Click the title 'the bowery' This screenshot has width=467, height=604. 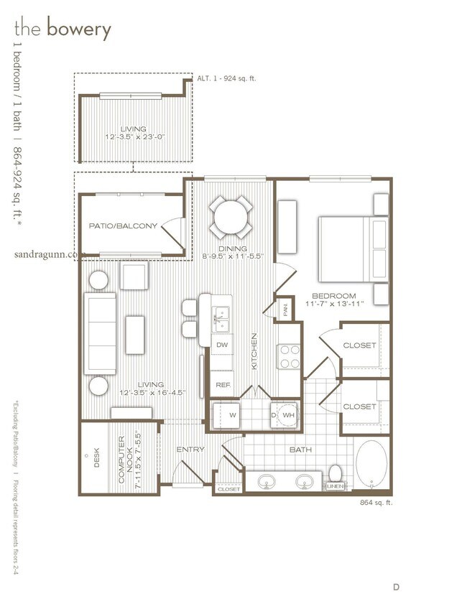pos(63,29)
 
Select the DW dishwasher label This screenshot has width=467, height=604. pos(222,345)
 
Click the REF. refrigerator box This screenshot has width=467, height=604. pos(222,385)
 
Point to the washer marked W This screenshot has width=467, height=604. pos(232,414)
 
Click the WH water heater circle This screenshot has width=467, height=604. pos(289,414)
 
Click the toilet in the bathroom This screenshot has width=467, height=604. pos(335,474)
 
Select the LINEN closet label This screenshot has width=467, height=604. pos(336,487)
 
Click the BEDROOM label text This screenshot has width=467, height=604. pos(335,296)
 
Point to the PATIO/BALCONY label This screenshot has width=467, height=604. pos(123,226)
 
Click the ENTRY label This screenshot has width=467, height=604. pos(190,450)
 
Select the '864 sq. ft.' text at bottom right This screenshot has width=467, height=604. pos(376,503)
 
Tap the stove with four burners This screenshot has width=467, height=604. pos(289,356)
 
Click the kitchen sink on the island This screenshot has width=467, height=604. pos(221,315)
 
